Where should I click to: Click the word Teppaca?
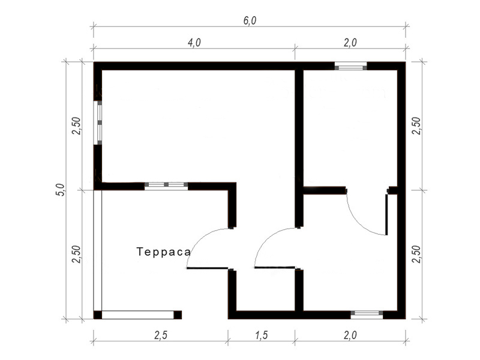click(163, 251)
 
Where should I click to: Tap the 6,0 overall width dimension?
click(250, 20)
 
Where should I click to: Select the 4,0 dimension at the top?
click(194, 43)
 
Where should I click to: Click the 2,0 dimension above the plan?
click(350, 43)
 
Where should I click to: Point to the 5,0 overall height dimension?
click(61, 190)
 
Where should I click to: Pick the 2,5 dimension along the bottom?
click(161, 335)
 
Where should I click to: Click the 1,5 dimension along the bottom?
click(262, 335)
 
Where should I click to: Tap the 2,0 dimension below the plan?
click(350, 335)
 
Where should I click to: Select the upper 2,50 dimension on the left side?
click(76, 126)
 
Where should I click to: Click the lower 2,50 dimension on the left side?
click(76, 254)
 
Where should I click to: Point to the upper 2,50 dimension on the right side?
click(416, 126)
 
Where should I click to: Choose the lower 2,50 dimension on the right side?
click(416, 254)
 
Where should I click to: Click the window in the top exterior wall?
click(350, 66)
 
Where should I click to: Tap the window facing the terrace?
click(166, 185)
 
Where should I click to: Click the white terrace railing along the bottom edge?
click(138, 315)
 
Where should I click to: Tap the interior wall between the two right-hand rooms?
click(325, 190)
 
